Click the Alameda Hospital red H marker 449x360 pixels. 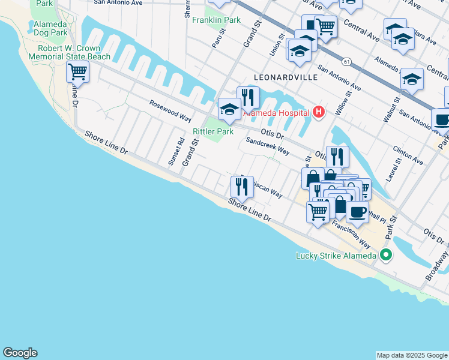pyautogui.click(x=318, y=112)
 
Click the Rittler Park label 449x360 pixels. pyautogui.click(x=212, y=131)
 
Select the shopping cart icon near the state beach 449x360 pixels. pyautogui.click(x=77, y=72)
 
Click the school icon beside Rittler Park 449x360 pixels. pyautogui.click(x=229, y=109)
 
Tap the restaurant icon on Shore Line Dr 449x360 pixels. pyautogui.click(x=241, y=186)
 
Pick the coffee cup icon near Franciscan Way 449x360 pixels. pyautogui.click(x=357, y=212)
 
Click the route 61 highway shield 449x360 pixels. pyautogui.click(x=346, y=61)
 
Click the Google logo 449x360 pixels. pyautogui.click(x=20, y=353)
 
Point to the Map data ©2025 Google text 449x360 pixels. pyautogui.click(x=412, y=355)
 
